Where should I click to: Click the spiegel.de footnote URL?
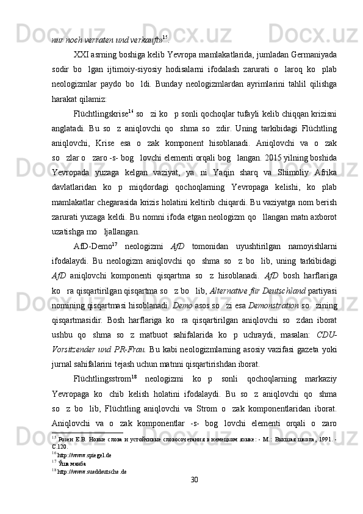pyautogui.click(x=86, y=472)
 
